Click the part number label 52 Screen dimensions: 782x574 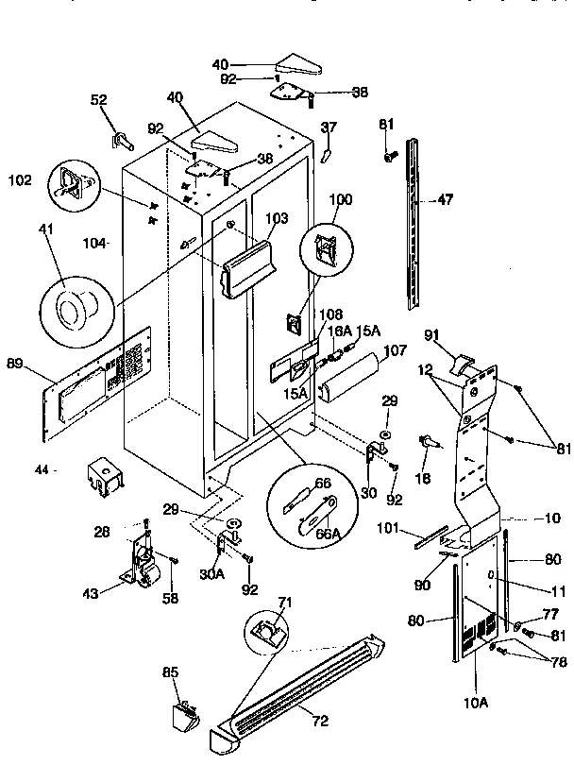click(98, 98)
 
